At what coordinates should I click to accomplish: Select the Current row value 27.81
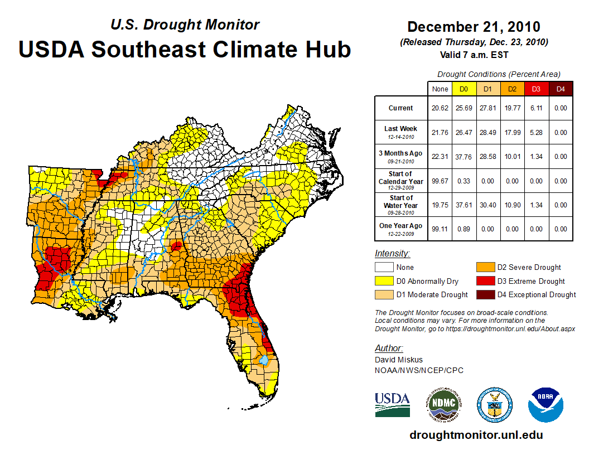pyautogui.click(x=487, y=108)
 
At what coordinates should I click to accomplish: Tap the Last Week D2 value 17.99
pyautogui.click(x=511, y=133)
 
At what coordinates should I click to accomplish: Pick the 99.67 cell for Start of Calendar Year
pyautogui.click(x=440, y=181)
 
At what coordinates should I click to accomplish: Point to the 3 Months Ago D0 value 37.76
pyautogui.click(x=464, y=157)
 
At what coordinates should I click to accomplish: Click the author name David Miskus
pyautogui.click(x=399, y=360)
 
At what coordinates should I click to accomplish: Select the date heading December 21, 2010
pyautogui.click(x=474, y=27)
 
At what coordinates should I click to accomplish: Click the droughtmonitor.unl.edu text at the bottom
pyautogui.click(x=476, y=435)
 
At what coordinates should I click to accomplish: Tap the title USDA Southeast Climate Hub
pyautogui.click(x=185, y=49)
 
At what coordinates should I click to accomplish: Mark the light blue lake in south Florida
pyautogui.click(x=262, y=360)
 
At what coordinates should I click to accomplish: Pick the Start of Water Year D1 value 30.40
pyautogui.click(x=487, y=205)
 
